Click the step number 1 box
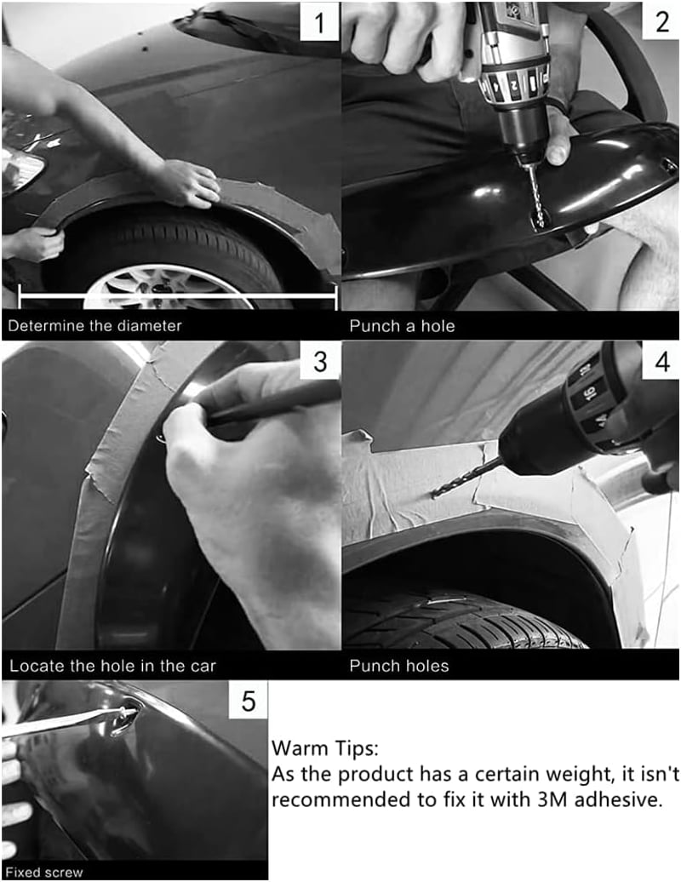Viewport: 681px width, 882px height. (x=319, y=22)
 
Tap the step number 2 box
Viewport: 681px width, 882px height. (x=661, y=21)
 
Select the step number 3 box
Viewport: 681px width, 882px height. (x=321, y=361)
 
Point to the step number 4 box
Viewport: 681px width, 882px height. (x=661, y=361)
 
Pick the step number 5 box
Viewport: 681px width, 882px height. (x=248, y=701)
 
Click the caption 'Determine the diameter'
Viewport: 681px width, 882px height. (x=95, y=326)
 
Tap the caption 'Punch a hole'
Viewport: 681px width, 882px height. (x=402, y=326)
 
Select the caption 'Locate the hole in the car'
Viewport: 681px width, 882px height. (x=112, y=666)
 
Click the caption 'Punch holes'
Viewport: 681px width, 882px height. (x=399, y=666)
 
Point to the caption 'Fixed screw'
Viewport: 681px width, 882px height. (x=44, y=873)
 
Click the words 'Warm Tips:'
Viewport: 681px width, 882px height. (x=325, y=748)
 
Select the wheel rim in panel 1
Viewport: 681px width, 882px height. (x=169, y=288)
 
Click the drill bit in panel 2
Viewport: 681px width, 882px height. (x=535, y=195)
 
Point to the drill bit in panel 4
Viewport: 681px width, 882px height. (x=466, y=478)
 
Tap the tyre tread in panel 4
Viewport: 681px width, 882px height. (x=461, y=619)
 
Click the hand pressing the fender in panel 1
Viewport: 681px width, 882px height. (x=188, y=183)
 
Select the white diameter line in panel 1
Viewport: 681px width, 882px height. (x=178, y=295)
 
